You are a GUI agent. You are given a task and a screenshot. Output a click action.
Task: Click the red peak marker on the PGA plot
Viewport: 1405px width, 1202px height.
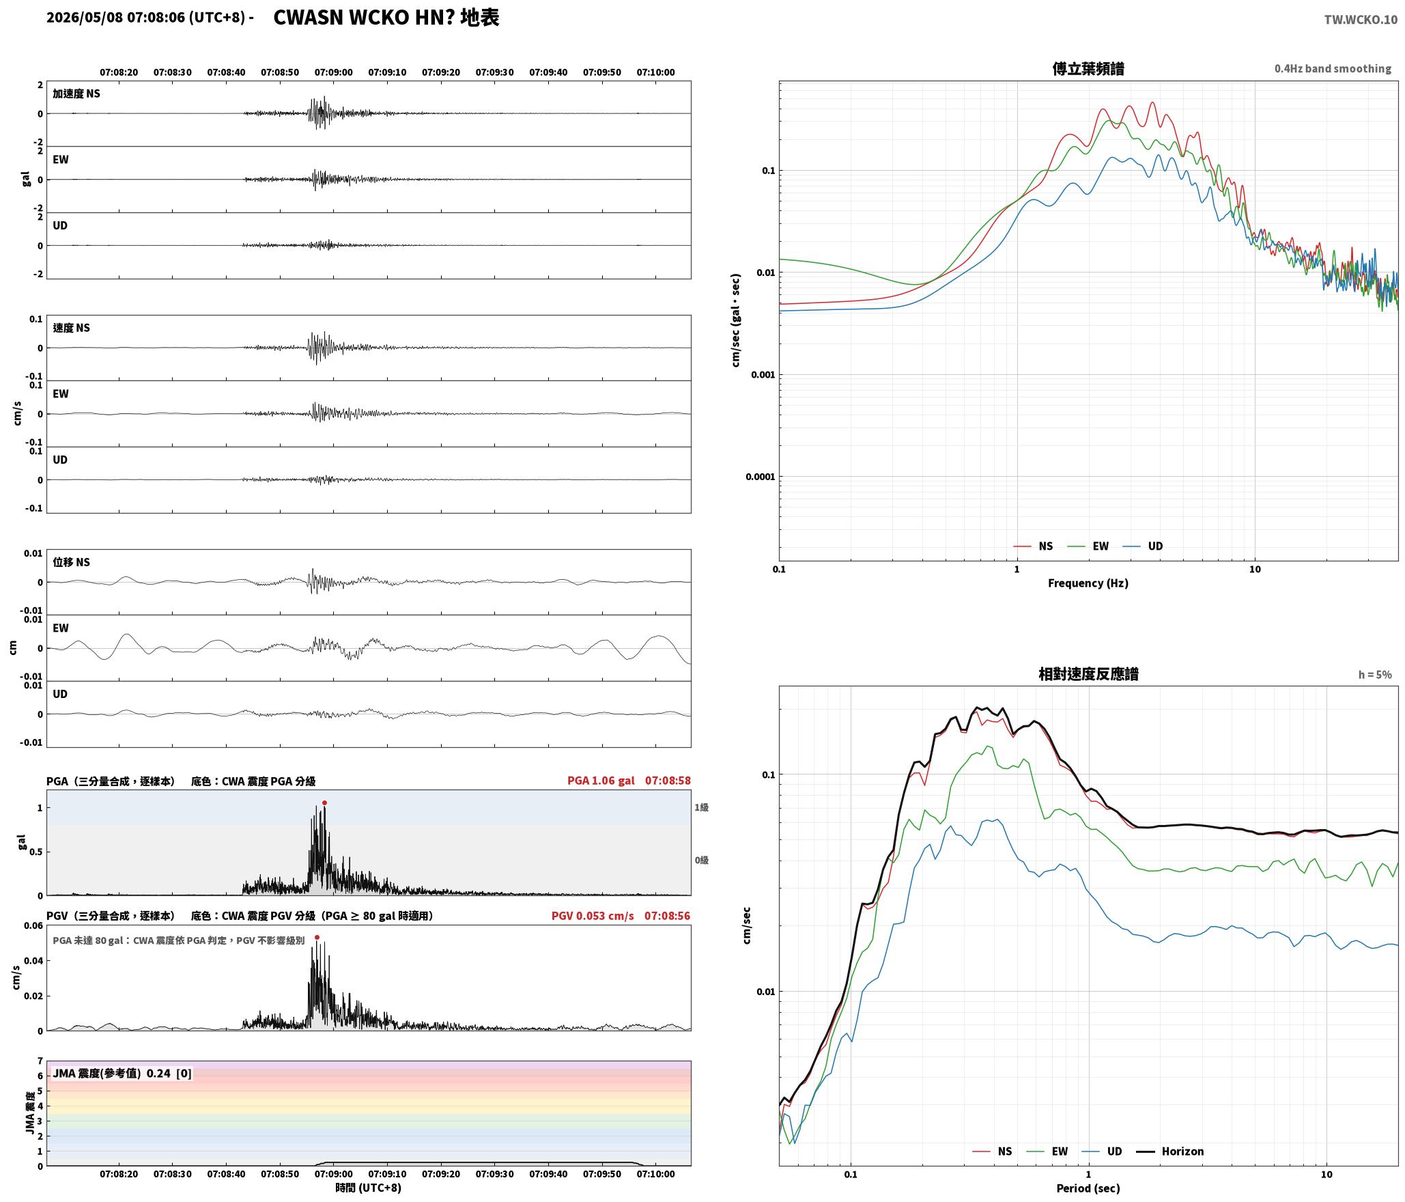coord(324,803)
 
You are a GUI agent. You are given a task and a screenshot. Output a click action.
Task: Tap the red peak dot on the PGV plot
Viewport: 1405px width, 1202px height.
coord(317,938)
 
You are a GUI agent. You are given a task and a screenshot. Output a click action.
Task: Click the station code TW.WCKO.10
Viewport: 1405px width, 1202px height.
coord(1361,20)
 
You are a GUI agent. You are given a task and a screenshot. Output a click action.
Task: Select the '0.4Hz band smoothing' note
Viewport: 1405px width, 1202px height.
coord(1333,68)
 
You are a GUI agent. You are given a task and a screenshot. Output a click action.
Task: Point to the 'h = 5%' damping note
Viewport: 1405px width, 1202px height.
coord(1374,675)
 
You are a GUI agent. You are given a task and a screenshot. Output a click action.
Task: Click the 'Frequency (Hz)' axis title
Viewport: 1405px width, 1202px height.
coord(1088,583)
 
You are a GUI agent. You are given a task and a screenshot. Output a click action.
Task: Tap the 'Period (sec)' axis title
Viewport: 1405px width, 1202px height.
coord(1088,1188)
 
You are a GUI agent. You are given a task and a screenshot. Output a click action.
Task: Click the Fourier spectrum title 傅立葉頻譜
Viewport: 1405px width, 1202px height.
coord(1088,68)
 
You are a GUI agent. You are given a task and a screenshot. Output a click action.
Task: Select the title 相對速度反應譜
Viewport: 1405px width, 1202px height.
coord(1088,674)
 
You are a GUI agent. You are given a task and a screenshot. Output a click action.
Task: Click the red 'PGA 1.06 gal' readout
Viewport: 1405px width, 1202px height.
coord(601,781)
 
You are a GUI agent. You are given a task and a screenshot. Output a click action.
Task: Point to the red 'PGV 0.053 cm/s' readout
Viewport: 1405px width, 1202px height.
coord(593,916)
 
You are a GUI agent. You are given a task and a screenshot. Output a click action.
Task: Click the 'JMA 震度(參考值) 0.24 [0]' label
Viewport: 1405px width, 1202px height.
coord(122,1074)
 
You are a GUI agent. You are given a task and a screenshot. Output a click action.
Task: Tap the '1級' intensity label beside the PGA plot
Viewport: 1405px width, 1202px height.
coord(702,807)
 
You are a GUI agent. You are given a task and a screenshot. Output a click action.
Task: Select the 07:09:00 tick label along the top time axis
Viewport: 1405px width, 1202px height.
coord(334,72)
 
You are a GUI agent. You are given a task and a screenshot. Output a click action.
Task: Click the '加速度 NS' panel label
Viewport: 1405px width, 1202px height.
coord(76,94)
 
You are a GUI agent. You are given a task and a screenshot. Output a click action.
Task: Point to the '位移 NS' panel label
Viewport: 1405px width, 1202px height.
coord(72,562)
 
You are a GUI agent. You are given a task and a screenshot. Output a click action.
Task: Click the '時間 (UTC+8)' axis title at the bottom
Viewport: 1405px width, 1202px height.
coord(369,1188)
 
